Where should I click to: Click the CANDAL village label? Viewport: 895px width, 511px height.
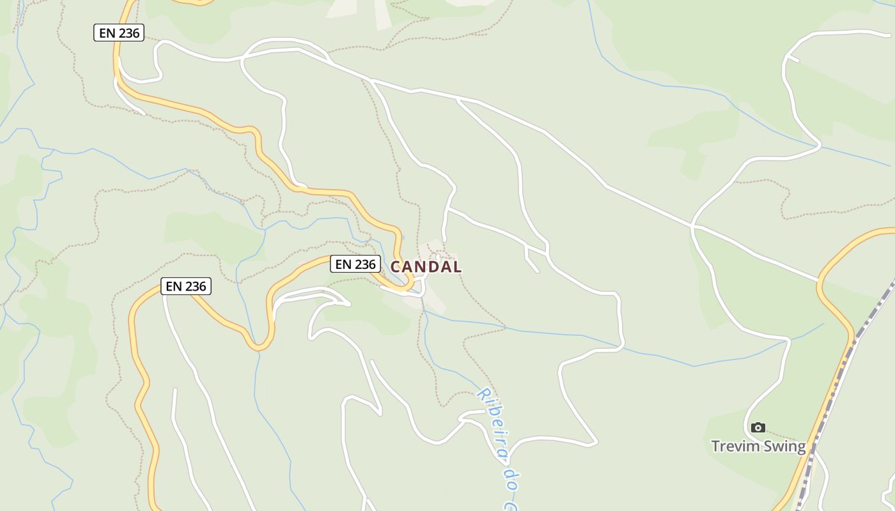426,267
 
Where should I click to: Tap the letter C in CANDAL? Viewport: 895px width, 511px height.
396,267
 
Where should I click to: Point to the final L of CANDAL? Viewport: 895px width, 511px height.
456,267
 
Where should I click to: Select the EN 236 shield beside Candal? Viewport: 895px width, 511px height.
355,264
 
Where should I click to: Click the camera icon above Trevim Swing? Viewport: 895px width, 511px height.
758,427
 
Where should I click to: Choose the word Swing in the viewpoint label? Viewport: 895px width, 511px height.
783,446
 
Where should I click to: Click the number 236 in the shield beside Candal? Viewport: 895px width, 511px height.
365,264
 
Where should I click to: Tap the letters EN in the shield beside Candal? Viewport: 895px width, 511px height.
343,264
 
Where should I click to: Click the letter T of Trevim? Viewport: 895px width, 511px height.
716,446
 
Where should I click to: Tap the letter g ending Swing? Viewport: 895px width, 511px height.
800,448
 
